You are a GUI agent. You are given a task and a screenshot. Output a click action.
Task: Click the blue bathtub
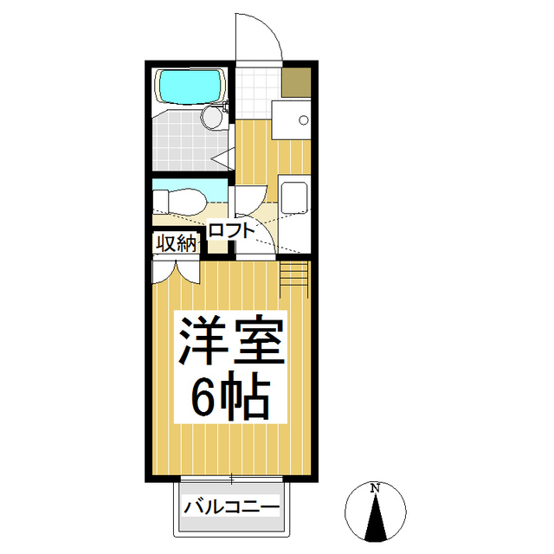(190, 86)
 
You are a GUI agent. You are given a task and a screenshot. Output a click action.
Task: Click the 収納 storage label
(176, 243)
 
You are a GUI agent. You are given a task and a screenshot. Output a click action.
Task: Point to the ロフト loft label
(231, 230)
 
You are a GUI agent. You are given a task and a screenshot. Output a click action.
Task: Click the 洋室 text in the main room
(231, 344)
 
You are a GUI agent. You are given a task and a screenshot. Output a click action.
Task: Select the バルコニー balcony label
(231, 506)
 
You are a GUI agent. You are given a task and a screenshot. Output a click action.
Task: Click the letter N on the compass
(375, 487)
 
